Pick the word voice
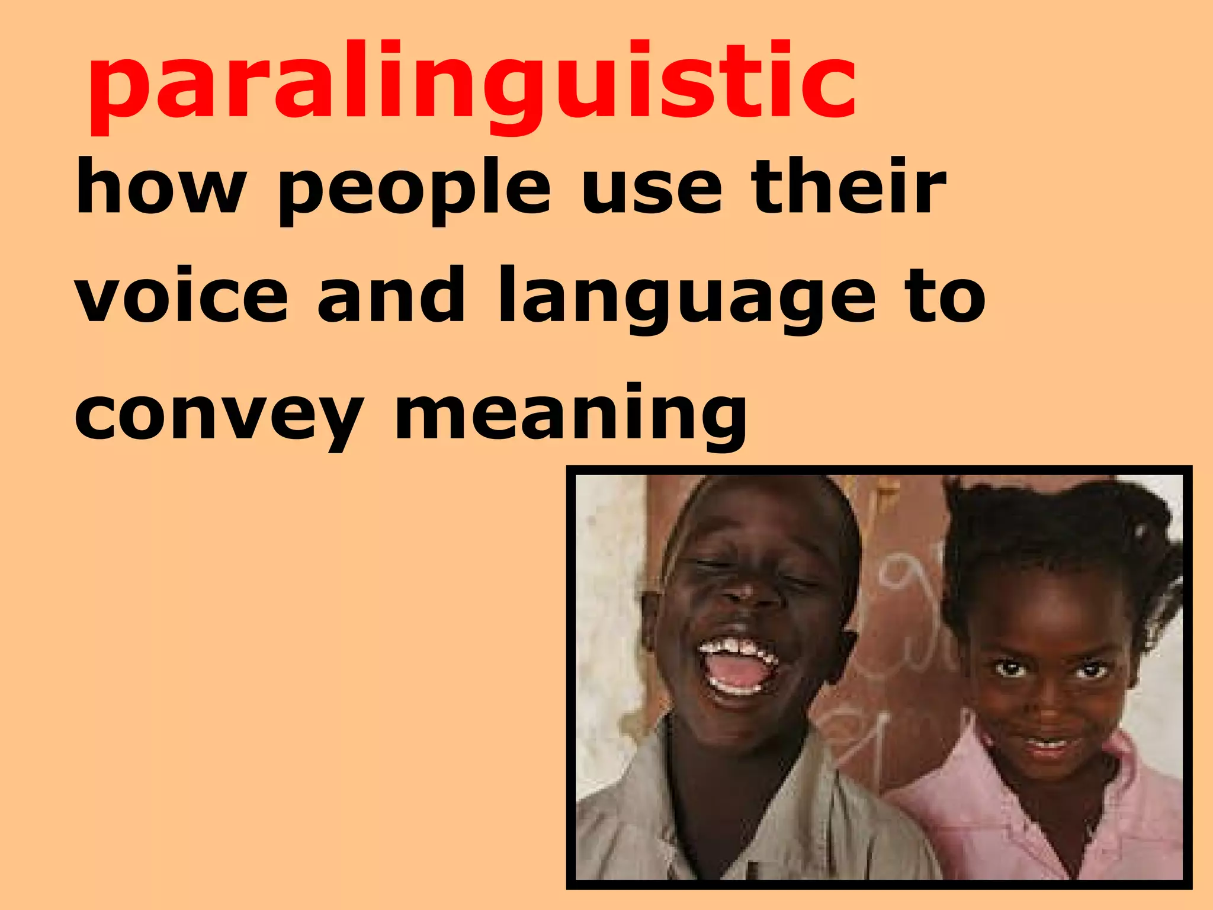pyautogui.click(x=182, y=296)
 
